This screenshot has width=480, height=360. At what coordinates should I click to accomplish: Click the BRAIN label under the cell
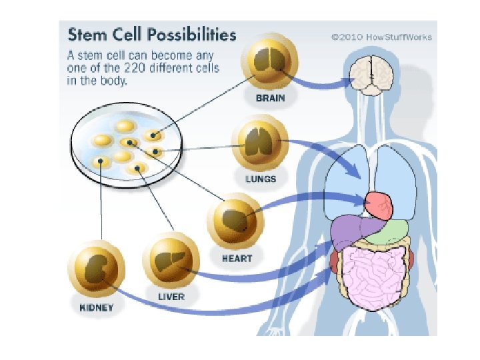[x=270, y=98]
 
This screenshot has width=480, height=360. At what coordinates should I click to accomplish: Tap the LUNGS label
[x=260, y=179]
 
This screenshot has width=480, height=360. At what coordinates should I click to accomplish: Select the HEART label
[x=237, y=256]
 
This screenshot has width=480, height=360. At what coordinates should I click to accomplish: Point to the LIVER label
[x=172, y=295]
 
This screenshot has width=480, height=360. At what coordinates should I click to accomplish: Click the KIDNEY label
[x=96, y=308]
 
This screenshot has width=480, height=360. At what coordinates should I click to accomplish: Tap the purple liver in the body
[x=347, y=233]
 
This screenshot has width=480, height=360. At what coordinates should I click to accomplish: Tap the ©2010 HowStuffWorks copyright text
[x=381, y=37]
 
